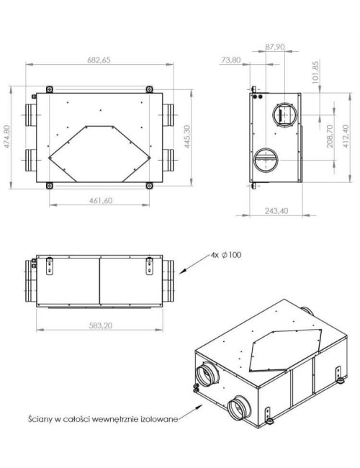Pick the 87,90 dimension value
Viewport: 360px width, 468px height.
point(276,47)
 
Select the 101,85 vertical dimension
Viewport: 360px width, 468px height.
point(315,77)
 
